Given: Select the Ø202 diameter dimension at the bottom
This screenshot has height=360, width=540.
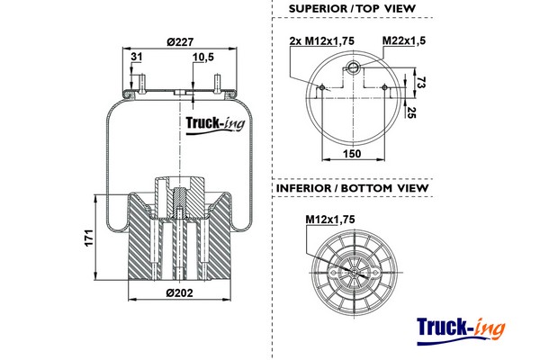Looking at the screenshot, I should [x=180, y=292].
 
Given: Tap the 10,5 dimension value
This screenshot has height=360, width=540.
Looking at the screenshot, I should [x=203, y=58].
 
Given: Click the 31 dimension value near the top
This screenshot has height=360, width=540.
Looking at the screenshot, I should [x=136, y=58].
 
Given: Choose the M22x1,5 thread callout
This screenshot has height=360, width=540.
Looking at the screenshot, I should [x=404, y=41].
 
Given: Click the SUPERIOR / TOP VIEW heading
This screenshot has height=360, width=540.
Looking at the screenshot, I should [x=352, y=8].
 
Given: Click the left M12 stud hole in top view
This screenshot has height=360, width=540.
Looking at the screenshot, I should [x=323, y=87].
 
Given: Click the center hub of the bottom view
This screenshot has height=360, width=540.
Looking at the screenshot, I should [x=353, y=269].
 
